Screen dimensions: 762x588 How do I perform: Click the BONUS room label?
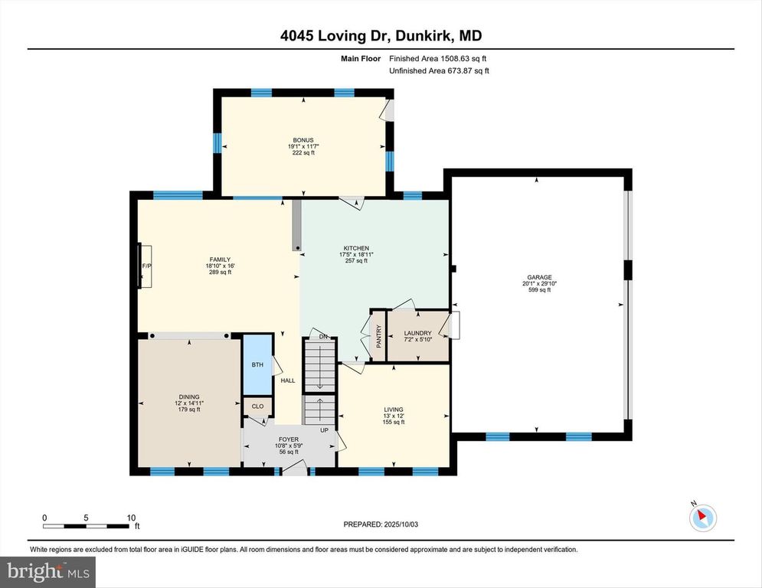[x=303, y=140]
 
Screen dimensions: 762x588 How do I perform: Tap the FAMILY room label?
[x=220, y=260]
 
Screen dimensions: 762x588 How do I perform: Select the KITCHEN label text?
[x=356, y=248]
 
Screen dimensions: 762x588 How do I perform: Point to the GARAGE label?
[x=539, y=277]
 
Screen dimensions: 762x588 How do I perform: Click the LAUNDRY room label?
[x=418, y=333]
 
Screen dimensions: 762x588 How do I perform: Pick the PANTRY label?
[x=378, y=336]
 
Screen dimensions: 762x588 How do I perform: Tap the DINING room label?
[x=189, y=397]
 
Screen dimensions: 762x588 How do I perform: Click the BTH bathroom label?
[x=257, y=364]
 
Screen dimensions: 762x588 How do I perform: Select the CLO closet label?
[x=257, y=407]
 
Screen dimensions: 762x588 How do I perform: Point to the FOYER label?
[x=289, y=439]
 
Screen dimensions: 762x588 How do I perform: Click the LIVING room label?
[x=394, y=410]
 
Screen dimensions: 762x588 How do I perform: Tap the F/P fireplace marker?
[x=146, y=266]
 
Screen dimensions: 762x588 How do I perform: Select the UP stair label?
[x=324, y=430]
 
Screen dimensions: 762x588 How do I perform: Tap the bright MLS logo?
[x=47, y=572]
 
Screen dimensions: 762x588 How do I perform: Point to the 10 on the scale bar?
[x=131, y=518]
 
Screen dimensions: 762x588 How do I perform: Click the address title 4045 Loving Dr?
[x=335, y=35]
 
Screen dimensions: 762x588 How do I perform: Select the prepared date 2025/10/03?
[x=401, y=524]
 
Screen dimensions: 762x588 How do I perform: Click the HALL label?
[x=288, y=381]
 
